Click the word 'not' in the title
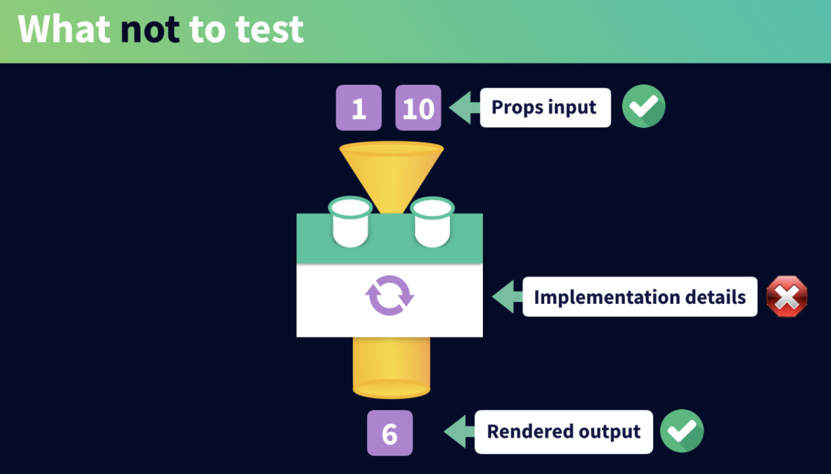tap(150, 29)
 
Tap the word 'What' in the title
tap(64, 29)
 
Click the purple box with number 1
tap(359, 108)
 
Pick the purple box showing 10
tap(418, 108)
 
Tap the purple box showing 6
tap(390, 433)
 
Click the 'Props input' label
tap(545, 108)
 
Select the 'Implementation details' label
tap(640, 297)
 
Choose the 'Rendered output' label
tap(564, 432)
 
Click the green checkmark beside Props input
tap(644, 106)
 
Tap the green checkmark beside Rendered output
tap(682, 431)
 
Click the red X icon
tap(787, 296)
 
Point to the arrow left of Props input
tap(464, 108)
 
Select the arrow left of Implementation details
tap(508, 297)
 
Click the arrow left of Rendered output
tap(459, 432)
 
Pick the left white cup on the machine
tap(351, 222)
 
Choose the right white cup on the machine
tap(432, 222)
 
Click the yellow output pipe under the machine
tap(391, 368)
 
